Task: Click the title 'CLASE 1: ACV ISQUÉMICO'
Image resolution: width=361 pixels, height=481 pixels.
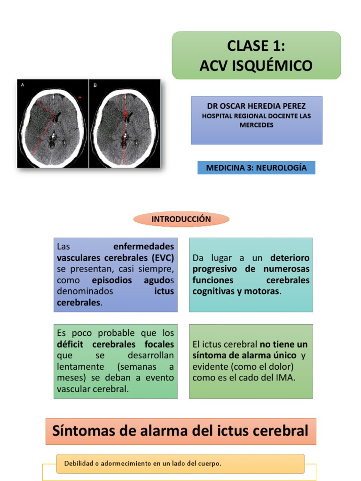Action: (256, 55)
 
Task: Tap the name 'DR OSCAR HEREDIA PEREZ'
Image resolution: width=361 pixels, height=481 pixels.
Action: (256, 106)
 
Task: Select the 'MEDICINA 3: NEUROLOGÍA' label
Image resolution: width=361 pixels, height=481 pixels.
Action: (256, 168)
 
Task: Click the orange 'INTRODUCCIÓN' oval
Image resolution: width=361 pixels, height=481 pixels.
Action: (181, 219)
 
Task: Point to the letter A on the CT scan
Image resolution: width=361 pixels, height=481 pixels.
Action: (23, 85)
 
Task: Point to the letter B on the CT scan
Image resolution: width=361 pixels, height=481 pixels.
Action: (95, 85)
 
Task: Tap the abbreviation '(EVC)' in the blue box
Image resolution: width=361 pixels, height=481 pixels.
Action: (163, 257)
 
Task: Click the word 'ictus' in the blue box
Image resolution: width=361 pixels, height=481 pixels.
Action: (164, 291)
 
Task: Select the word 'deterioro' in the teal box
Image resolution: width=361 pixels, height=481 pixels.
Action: (290, 258)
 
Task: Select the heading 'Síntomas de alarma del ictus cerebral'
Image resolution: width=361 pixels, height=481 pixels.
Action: (180, 431)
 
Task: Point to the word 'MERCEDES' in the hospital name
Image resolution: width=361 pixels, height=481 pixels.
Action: (256, 125)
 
